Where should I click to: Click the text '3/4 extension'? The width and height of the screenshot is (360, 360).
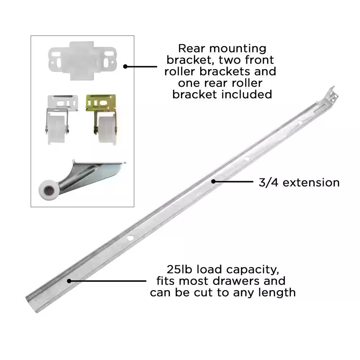click(x=299, y=183)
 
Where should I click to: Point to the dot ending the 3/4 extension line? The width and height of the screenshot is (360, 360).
click(x=213, y=181)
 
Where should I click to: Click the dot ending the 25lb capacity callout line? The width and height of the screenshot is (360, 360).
click(x=69, y=281)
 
